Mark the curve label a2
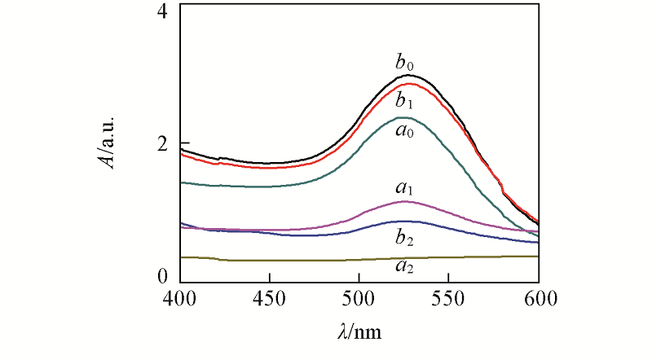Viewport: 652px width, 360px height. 403,266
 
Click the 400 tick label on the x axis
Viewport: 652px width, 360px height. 179,298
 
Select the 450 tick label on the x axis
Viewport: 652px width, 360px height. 269,298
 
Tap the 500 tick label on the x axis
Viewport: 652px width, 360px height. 359,298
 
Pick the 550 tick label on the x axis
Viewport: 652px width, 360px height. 448,298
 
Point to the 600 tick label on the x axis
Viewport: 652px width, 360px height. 538,298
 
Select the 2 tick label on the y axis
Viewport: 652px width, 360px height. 162,143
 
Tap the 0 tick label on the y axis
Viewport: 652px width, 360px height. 162,277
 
